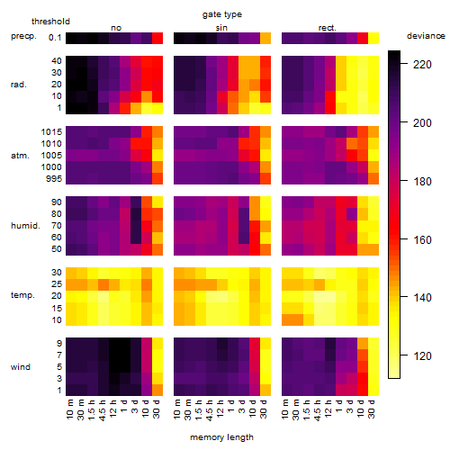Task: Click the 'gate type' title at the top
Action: (x=222, y=14)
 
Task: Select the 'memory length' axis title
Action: (x=221, y=437)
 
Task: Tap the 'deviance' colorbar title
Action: (x=426, y=36)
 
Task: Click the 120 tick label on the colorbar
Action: (x=422, y=356)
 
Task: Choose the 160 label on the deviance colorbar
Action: (x=422, y=239)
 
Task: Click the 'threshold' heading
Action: (x=50, y=22)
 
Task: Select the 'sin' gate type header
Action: (x=221, y=28)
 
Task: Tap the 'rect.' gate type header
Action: (x=327, y=28)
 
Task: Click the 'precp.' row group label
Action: (x=23, y=36)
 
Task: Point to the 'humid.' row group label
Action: (x=25, y=225)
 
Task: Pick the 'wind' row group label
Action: (x=21, y=367)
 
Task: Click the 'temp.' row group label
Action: (x=22, y=295)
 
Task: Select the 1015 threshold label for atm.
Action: (x=51, y=132)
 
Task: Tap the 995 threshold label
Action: (x=54, y=179)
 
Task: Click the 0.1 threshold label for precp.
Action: (x=55, y=38)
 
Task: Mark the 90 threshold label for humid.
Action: (x=56, y=202)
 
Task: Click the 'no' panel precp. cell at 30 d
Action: (x=157, y=39)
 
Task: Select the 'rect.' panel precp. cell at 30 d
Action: (x=373, y=39)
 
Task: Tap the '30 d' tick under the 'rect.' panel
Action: (x=372, y=409)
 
